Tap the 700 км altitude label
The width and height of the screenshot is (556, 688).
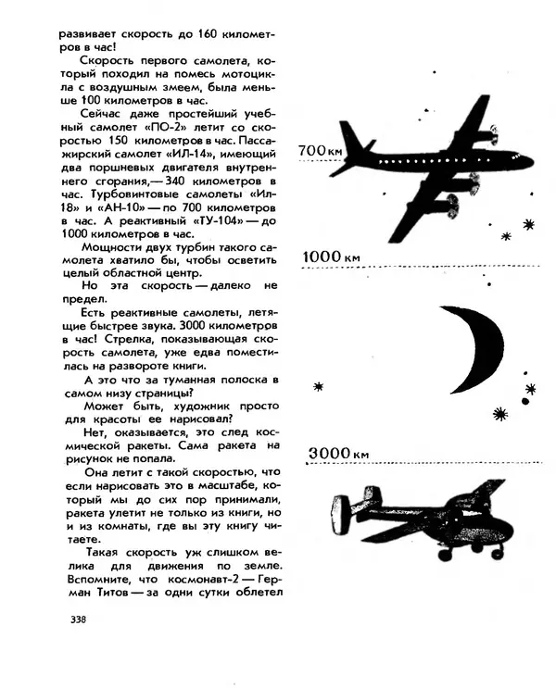coord(322,147)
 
